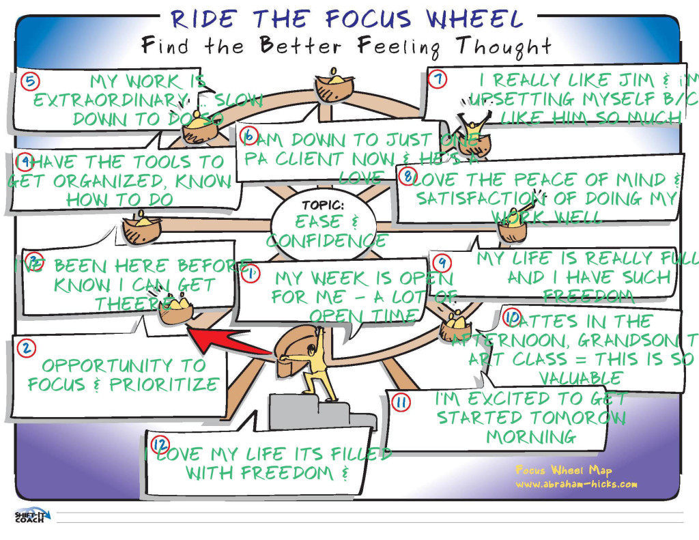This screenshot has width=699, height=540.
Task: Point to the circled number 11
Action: click(401, 403)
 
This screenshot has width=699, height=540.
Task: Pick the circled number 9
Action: click(442, 262)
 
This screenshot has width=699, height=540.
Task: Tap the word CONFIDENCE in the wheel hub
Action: click(326, 240)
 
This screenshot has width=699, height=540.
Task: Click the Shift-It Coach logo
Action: click(29, 516)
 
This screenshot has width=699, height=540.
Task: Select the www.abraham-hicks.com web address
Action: click(577, 485)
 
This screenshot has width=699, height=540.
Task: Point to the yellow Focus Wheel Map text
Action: click(564, 470)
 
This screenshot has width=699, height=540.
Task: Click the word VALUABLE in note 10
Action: click(580, 378)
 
